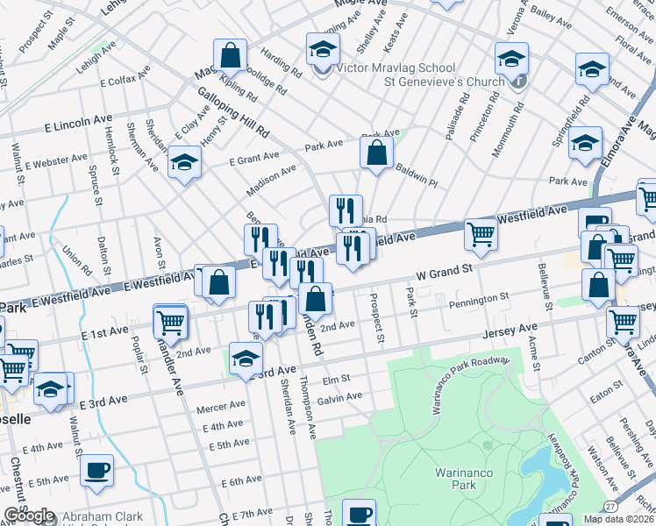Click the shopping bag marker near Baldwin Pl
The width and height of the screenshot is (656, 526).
[x=376, y=153]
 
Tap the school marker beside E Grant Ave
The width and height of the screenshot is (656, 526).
[x=185, y=164]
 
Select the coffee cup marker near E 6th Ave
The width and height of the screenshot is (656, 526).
[x=96, y=470]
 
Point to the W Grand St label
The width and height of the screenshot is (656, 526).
[x=444, y=273]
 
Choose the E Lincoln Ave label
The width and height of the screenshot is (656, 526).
[x=79, y=124]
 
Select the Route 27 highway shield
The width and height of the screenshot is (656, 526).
[x=611, y=507]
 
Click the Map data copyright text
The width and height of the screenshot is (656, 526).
[x=617, y=519]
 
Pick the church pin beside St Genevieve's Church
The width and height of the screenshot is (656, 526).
[x=519, y=82]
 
